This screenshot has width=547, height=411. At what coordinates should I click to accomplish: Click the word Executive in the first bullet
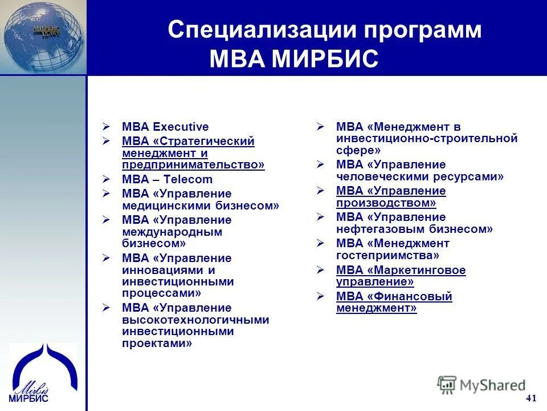click(181, 127)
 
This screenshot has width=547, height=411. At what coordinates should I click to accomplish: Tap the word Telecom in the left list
click(188, 179)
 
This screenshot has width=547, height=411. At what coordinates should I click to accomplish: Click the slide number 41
click(531, 398)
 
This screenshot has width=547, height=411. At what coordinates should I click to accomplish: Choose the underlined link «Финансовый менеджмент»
click(394, 302)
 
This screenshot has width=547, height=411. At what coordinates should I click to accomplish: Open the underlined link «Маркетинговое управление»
click(401, 276)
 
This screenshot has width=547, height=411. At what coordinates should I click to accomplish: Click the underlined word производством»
click(386, 203)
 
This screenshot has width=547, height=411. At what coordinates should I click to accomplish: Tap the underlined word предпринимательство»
click(193, 165)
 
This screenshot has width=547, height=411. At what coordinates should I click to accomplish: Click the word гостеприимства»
click(387, 256)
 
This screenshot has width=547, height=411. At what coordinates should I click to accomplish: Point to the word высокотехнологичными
click(195, 320)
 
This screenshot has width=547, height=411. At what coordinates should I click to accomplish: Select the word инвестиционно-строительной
click(427, 138)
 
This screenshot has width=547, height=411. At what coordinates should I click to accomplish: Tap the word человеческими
click(379, 176)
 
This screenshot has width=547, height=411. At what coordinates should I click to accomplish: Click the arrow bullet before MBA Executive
click(106, 127)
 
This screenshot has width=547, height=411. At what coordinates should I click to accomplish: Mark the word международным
click(172, 232)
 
